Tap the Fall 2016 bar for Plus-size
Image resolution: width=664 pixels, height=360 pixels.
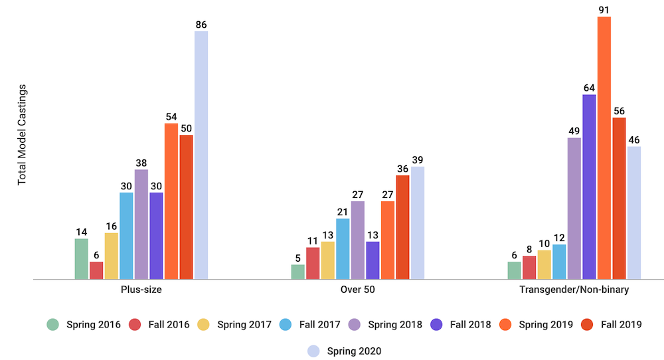(96, 270)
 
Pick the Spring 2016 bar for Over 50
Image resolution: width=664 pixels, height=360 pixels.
(297, 272)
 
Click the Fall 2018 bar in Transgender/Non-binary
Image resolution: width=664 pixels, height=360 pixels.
(589, 187)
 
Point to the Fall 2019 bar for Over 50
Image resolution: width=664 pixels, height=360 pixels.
(402, 227)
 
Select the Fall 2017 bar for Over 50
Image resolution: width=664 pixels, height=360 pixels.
(343, 248)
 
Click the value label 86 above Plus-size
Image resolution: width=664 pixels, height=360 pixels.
(201, 25)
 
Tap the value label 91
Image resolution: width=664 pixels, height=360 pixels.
(604, 10)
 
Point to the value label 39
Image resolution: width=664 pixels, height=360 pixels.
(417, 160)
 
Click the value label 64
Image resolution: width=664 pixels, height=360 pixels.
(589, 88)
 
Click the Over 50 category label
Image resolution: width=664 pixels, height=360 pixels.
(358, 290)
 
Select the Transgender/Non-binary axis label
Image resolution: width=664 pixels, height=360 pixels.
(574, 290)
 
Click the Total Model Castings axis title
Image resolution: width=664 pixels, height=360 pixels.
(22, 135)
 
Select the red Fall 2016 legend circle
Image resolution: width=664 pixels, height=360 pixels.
(135, 325)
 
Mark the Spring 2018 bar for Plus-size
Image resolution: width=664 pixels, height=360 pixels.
(141, 224)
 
